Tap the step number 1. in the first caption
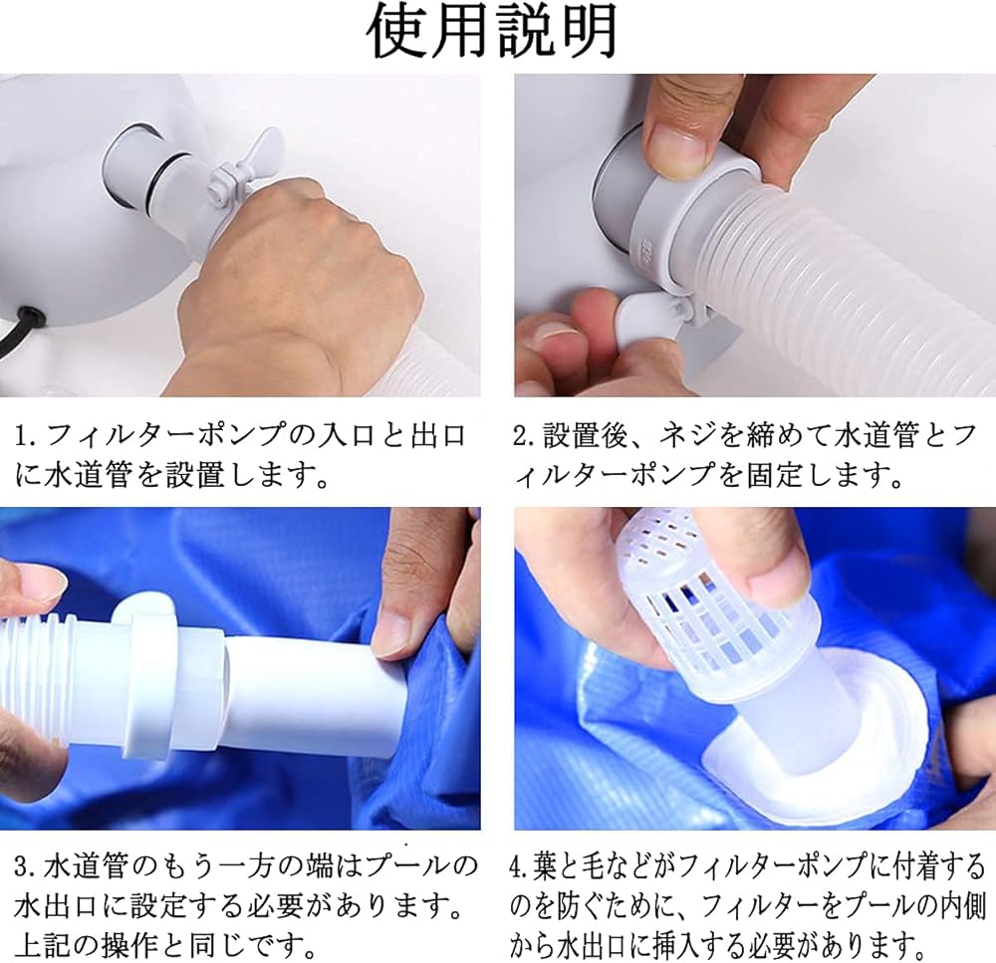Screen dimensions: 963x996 point(28,436)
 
